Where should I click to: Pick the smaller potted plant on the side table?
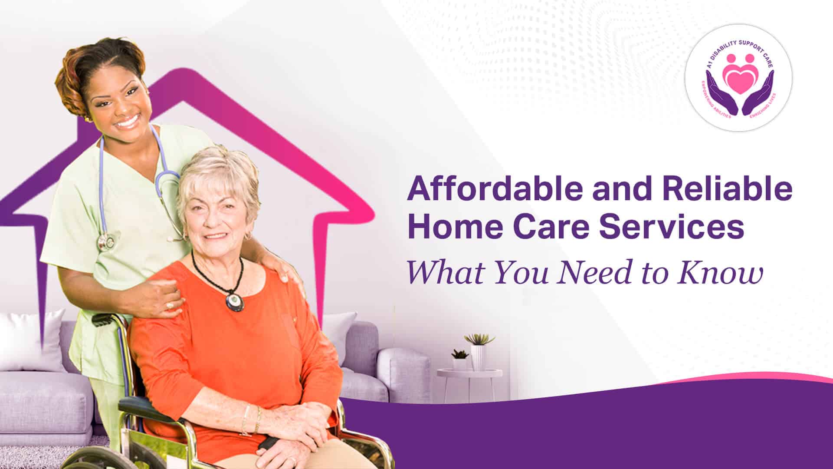(x=460, y=360)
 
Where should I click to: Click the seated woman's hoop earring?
(x=249, y=237)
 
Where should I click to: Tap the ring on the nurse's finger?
(x=170, y=306)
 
